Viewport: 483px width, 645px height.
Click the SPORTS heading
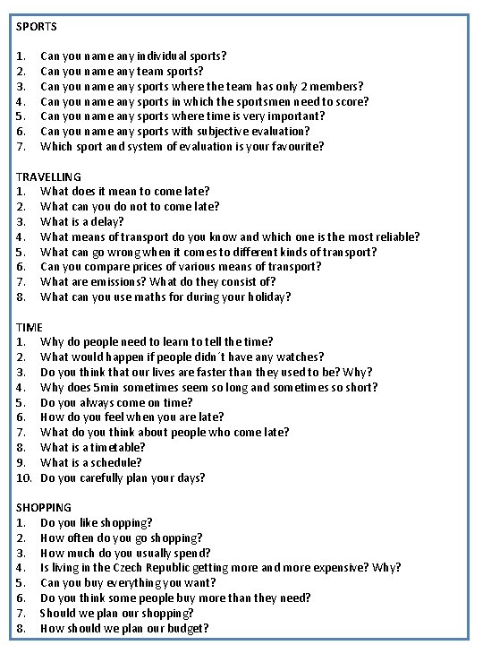(37, 27)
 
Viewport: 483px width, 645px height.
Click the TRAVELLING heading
(48, 176)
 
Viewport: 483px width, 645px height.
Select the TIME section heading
(30, 327)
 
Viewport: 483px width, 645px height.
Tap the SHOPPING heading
(44, 507)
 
